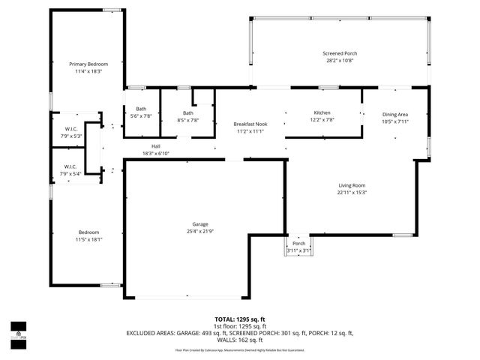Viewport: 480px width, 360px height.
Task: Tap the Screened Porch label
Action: [x=339, y=54]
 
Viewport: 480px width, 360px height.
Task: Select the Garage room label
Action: [x=199, y=223]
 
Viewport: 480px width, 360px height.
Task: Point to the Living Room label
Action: [x=351, y=184]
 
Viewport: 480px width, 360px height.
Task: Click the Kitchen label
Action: [x=322, y=112]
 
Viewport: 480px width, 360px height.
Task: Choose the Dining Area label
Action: [x=394, y=114]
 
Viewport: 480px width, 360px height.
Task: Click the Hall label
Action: [x=156, y=146]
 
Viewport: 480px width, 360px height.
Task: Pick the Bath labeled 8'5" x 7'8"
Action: [x=187, y=112]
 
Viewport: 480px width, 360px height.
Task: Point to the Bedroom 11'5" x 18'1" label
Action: [x=88, y=232]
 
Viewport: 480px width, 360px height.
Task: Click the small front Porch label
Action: [x=298, y=244]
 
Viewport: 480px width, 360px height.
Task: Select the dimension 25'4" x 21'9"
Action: [x=199, y=231]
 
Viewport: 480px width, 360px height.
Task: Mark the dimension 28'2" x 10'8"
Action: [x=339, y=61]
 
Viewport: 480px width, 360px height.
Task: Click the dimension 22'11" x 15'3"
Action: [x=351, y=192]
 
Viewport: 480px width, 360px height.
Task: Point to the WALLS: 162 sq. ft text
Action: [x=240, y=339]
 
